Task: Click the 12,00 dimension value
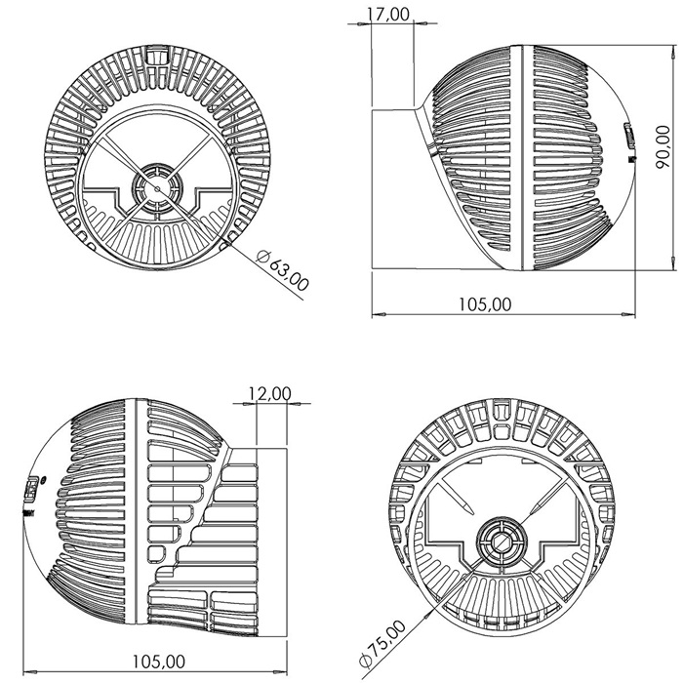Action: point(269,393)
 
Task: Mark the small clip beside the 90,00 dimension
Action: point(627,141)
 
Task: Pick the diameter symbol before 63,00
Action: point(261,257)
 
